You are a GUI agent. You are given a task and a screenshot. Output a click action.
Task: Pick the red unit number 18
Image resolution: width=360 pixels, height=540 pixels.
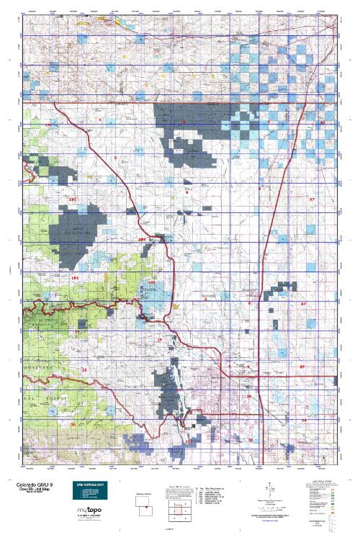(84, 369)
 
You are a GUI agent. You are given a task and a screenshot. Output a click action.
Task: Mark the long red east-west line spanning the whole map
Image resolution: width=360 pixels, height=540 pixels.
(180, 104)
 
